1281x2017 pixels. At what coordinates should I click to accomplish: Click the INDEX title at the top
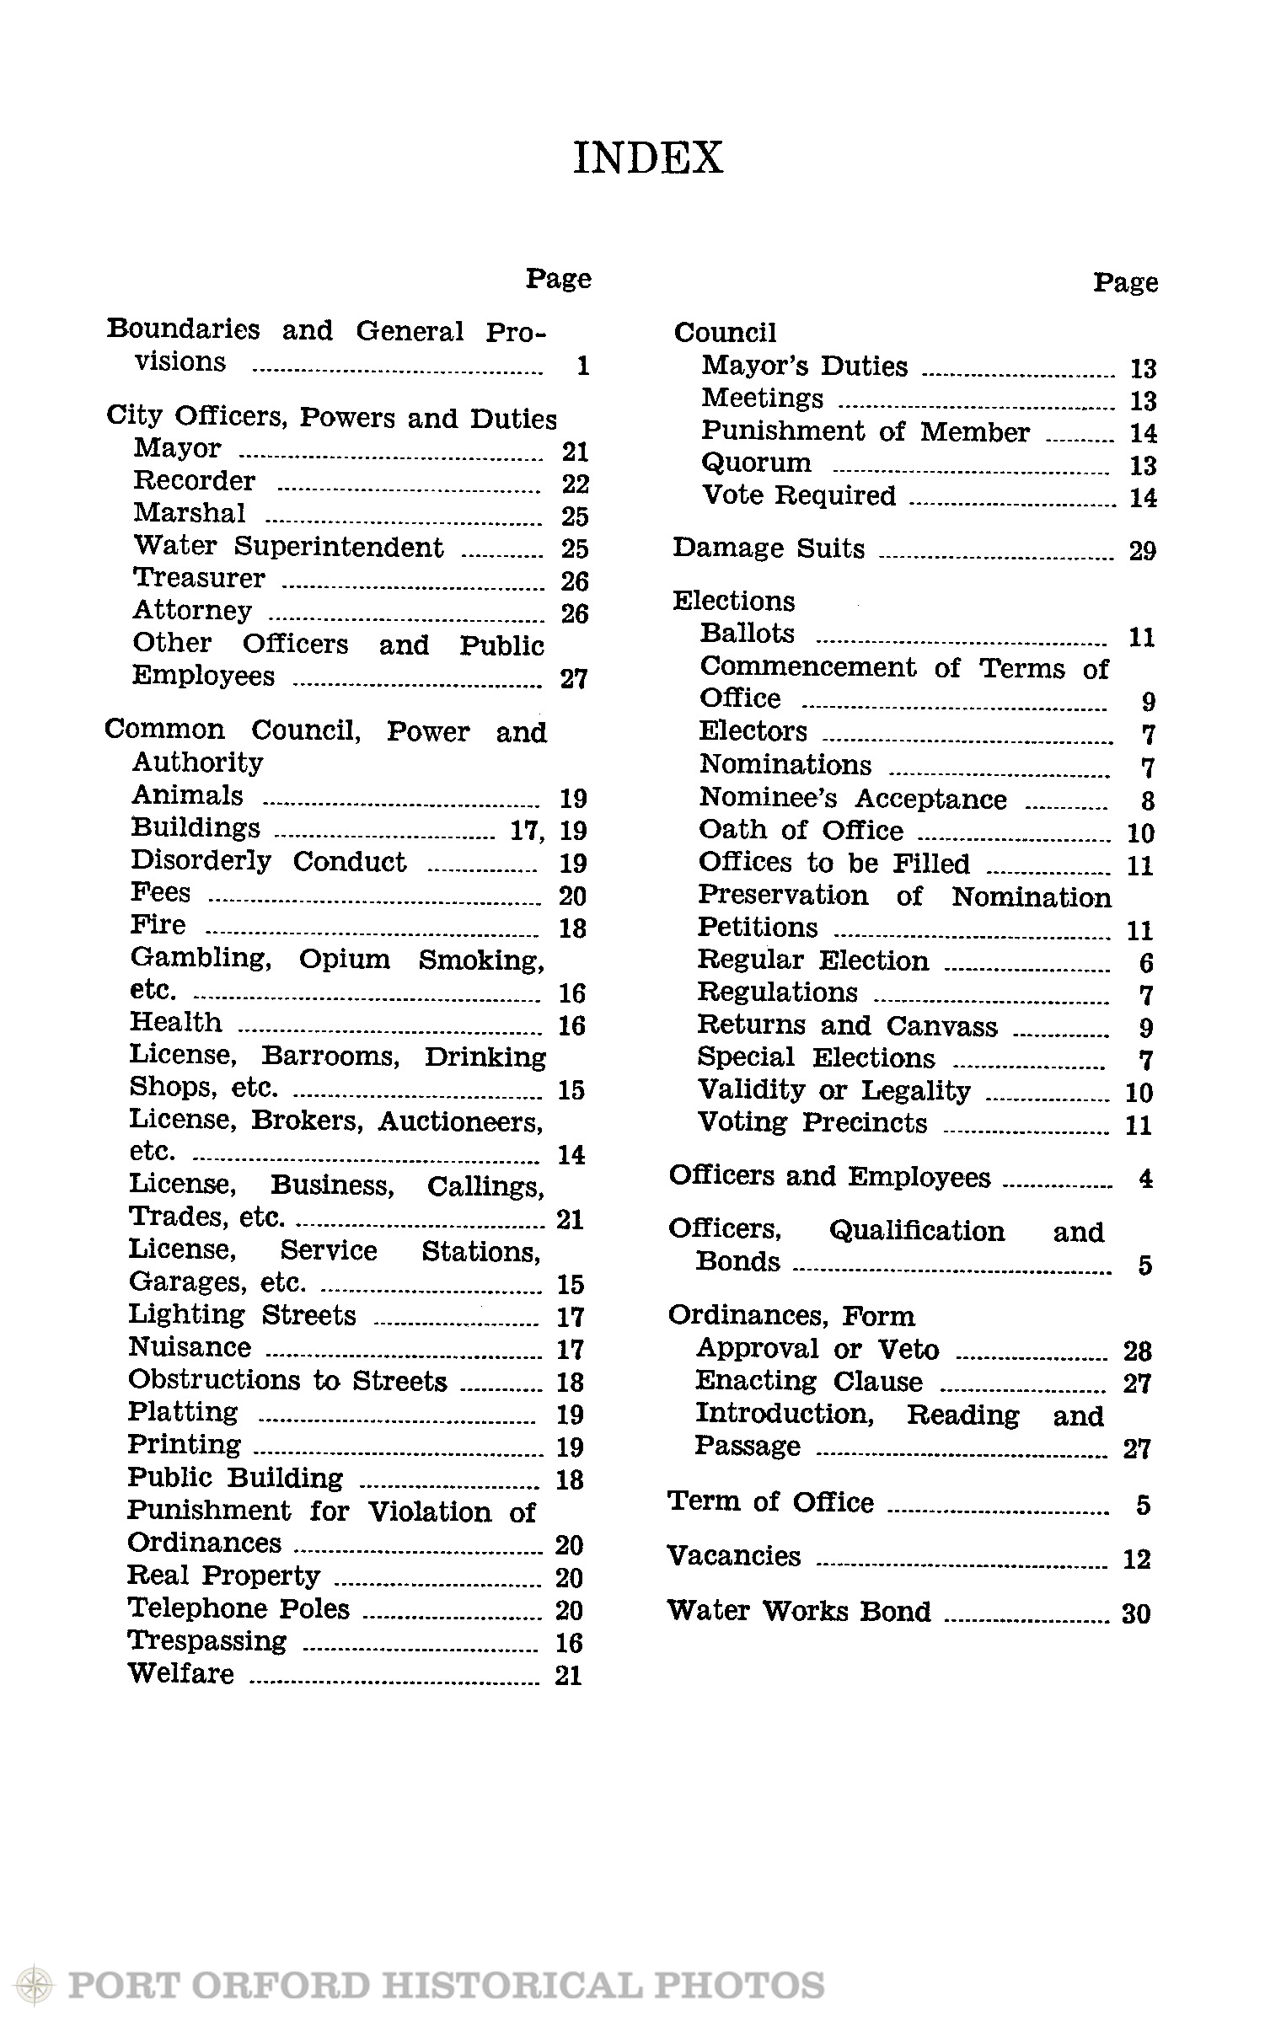(x=647, y=158)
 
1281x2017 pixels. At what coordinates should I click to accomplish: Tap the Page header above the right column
(x=1125, y=282)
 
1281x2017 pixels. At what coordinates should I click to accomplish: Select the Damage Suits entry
(x=769, y=548)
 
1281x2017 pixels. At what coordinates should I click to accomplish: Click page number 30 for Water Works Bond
(x=1136, y=1613)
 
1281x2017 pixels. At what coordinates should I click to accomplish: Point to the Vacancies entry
(x=733, y=1555)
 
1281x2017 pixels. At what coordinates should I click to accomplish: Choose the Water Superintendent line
(x=288, y=547)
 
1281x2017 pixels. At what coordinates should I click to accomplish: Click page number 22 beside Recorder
(x=575, y=484)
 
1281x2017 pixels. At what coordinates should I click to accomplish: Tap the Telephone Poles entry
(x=239, y=1608)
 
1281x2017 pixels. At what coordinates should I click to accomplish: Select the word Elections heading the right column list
(x=733, y=601)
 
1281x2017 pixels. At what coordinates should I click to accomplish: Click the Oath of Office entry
(x=801, y=831)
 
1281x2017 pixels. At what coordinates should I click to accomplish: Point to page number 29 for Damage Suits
(x=1142, y=551)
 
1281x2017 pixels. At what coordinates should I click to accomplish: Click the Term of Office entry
(x=770, y=1502)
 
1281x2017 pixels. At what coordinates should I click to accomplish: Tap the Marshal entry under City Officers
(x=190, y=513)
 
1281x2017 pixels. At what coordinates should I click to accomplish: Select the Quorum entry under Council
(x=756, y=463)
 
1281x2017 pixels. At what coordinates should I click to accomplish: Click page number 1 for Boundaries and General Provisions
(x=582, y=366)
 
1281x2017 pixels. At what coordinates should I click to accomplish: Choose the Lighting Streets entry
(x=242, y=1315)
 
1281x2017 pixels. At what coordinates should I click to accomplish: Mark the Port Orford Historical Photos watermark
(x=421, y=1984)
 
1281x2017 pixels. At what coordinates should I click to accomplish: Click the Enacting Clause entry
(x=808, y=1382)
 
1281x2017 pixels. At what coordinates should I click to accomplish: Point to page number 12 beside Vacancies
(x=1136, y=1559)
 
